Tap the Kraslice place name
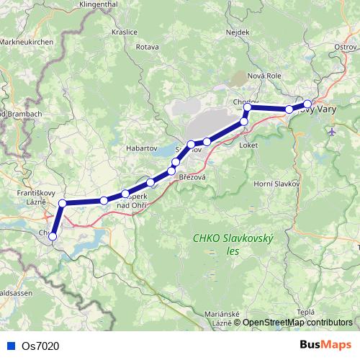125,32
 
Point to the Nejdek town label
238,32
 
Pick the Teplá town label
305,311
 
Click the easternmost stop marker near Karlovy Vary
307,104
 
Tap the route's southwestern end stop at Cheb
53,236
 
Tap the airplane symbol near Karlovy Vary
331,132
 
